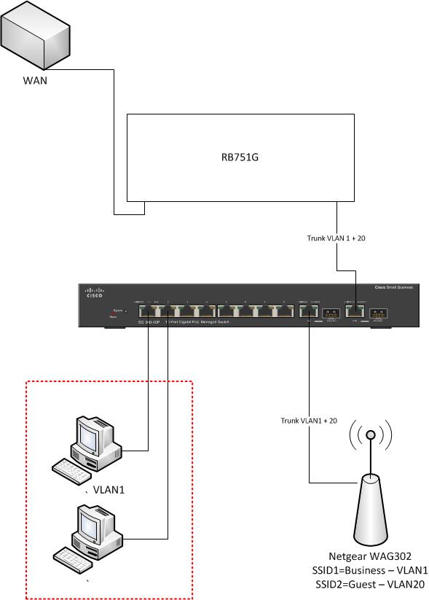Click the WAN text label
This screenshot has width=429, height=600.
34,81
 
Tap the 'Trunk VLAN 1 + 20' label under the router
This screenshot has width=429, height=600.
336,238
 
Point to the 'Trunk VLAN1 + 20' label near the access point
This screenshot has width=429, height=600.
310,421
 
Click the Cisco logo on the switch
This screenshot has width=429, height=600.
95,293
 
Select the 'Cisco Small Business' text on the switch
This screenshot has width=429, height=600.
393,288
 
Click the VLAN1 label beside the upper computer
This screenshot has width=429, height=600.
109,489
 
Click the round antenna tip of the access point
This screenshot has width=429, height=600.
371,435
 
